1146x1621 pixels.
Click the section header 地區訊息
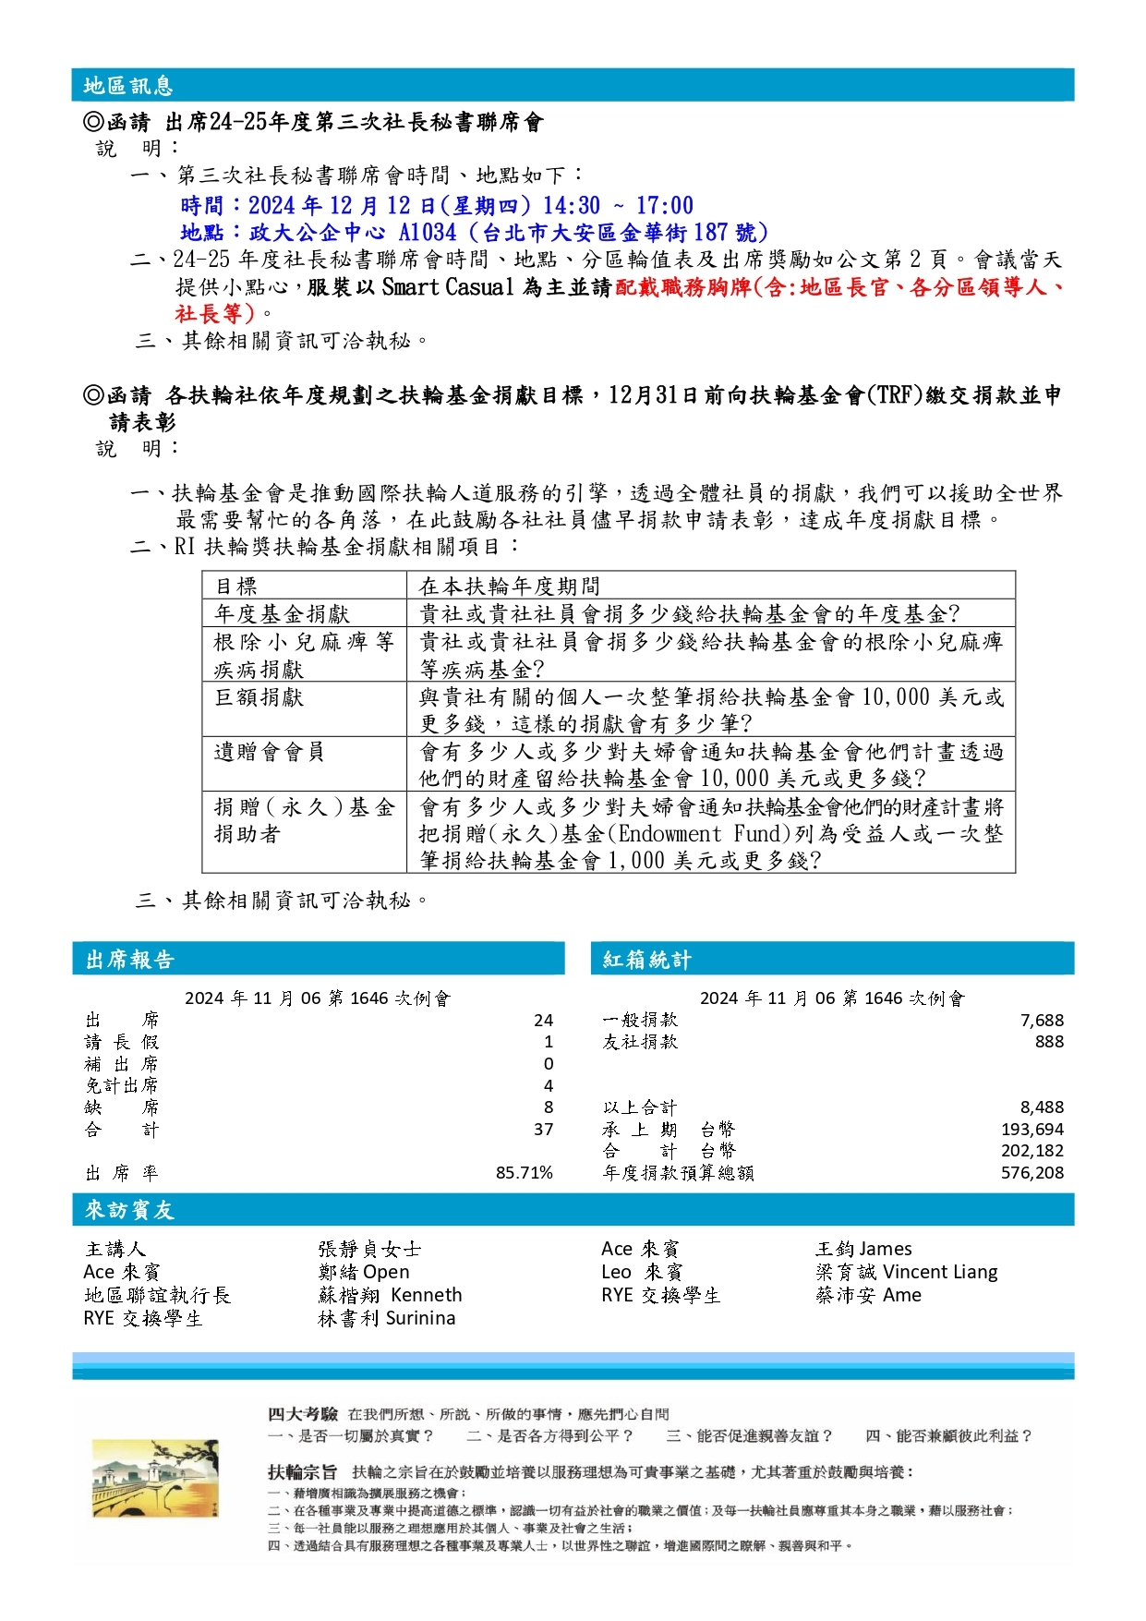[x=128, y=86]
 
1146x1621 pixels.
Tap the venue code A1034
[x=428, y=232]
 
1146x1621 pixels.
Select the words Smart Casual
[x=447, y=287]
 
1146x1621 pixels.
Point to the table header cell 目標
[x=235, y=587]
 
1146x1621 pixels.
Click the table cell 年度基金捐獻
[x=282, y=614]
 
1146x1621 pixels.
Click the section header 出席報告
[x=130, y=960]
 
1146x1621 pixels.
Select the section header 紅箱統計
[x=646, y=960]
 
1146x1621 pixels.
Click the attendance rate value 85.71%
[x=524, y=1173]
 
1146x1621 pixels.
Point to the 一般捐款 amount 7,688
[x=1042, y=1021]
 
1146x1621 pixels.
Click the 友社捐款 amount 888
[x=1049, y=1042]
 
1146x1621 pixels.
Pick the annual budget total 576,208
[x=1032, y=1173]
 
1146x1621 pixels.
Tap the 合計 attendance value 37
[x=543, y=1130]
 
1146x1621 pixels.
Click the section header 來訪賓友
[x=130, y=1210]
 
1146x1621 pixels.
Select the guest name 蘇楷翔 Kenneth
[x=390, y=1295]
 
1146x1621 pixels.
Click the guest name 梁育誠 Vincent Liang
[x=906, y=1272]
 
